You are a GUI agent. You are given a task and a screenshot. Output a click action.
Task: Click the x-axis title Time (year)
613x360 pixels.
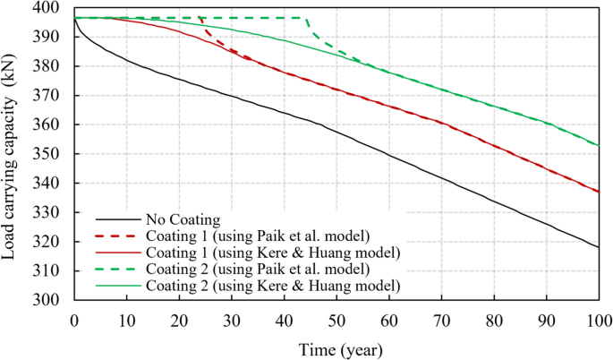[336, 347]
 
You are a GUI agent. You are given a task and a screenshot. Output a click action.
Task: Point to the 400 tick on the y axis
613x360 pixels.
[55, 8]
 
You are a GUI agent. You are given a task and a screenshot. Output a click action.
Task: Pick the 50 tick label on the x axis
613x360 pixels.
[336, 320]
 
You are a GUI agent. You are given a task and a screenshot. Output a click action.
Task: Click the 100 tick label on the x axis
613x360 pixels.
[597, 320]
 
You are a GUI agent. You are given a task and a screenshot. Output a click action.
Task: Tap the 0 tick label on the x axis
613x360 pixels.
[74, 320]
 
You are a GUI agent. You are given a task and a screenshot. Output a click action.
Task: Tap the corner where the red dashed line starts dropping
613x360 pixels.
[200, 18]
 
